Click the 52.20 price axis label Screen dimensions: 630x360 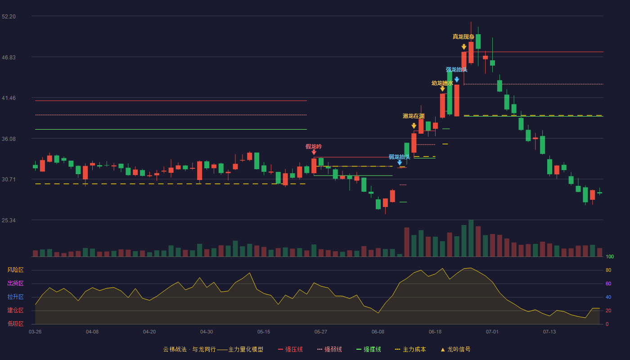(9, 17)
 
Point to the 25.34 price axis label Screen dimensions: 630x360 (9, 220)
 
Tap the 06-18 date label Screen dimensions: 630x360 (435, 332)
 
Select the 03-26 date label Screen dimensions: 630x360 (35, 332)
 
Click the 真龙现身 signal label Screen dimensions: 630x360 (463, 37)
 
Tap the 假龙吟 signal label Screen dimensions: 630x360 (314, 147)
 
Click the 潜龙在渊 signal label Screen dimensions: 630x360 (414, 116)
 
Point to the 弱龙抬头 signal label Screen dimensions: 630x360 (400, 157)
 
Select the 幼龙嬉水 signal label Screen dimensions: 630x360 (442, 83)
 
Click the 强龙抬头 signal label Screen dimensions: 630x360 (456, 70)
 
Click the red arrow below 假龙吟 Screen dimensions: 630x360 (314, 152)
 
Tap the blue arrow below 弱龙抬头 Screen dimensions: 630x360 (400, 163)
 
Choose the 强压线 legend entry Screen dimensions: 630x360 (290, 349)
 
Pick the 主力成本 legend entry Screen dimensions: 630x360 (410, 349)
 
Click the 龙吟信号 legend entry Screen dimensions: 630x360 (455, 349)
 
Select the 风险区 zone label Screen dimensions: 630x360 (15, 270)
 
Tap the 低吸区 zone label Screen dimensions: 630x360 (15, 324)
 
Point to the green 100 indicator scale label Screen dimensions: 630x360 (610, 256)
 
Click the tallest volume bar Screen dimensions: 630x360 (471, 238)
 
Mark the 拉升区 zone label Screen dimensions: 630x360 (15, 297)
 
